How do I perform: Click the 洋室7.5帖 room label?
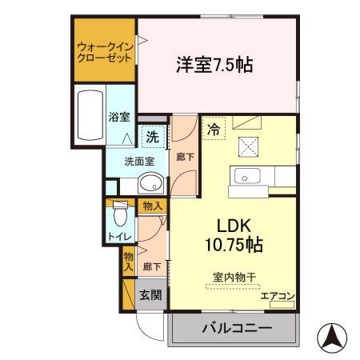(x=214, y=65)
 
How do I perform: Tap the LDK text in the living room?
(x=234, y=226)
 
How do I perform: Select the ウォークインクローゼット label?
(x=105, y=53)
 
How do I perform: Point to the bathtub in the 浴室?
(x=90, y=115)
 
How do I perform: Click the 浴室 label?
(x=119, y=117)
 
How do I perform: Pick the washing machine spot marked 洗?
(x=153, y=137)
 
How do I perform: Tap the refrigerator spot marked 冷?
(x=214, y=130)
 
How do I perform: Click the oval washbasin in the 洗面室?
(x=151, y=182)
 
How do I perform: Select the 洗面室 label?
(x=139, y=162)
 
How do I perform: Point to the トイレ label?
(x=120, y=237)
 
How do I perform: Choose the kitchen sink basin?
(x=247, y=176)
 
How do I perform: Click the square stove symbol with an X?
(x=248, y=147)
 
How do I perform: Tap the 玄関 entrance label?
(x=151, y=295)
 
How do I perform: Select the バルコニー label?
(x=237, y=328)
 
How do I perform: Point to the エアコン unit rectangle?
(x=282, y=305)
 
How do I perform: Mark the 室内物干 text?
(x=234, y=278)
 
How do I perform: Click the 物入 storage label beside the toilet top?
(x=152, y=206)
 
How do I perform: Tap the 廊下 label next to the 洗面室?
(x=185, y=157)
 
